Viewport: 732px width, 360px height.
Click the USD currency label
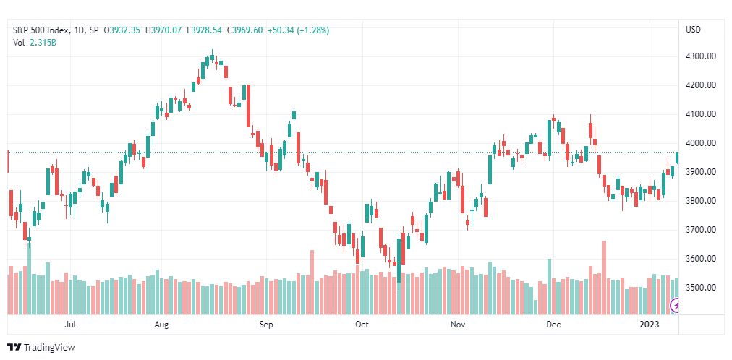[693, 30]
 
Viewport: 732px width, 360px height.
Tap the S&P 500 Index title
[41, 30]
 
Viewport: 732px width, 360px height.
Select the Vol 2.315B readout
[34, 42]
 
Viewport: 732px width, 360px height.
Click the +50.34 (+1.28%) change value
[298, 30]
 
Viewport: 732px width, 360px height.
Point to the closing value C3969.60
[244, 30]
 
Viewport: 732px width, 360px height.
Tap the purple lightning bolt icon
[675, 306]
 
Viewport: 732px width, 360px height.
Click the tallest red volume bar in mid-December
[604, 278]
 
